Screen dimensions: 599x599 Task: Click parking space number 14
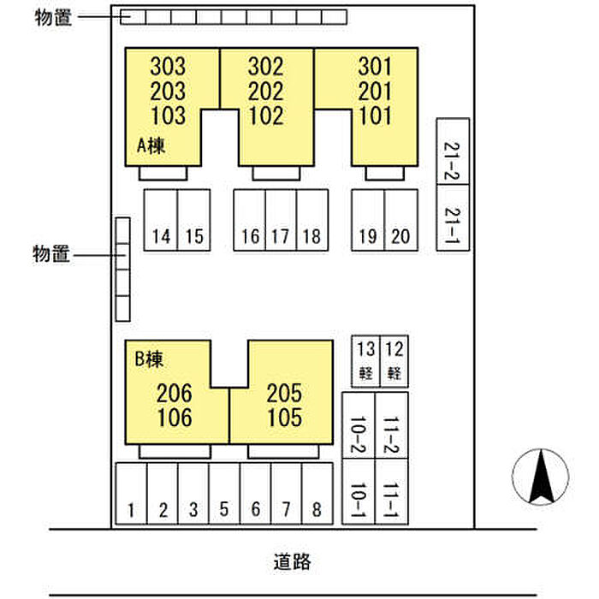(160, 220)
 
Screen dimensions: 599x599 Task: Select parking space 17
(281, 220)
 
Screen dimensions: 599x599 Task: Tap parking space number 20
(400, 220)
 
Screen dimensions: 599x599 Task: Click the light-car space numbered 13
(365, 359)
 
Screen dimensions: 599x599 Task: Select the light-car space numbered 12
(394, 359)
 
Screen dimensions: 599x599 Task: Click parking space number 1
(131, 494)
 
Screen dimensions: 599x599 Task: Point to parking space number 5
(224, 494)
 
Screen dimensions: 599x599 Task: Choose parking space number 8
(317, 494)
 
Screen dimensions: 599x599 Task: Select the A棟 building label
(151, 146)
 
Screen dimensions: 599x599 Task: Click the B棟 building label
(148, 360)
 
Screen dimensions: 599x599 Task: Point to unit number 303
(168, 66)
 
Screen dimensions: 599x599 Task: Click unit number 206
(175, 394)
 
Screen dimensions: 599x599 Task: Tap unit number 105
(284, 418)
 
